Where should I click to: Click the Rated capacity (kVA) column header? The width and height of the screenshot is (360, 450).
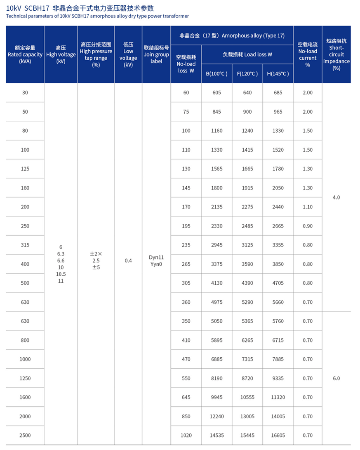25,54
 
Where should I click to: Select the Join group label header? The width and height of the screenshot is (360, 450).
156,54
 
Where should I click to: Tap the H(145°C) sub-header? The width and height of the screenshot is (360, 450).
278,74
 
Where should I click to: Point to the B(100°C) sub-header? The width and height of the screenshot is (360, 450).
216,74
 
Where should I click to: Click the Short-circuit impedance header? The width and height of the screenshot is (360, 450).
336,54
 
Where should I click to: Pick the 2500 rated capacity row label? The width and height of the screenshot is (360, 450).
25,435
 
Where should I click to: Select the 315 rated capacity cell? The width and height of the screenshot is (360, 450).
25,245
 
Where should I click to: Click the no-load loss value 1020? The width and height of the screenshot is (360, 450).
186,435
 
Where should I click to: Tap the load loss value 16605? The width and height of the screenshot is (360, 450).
278,435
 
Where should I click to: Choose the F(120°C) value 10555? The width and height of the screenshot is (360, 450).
247,397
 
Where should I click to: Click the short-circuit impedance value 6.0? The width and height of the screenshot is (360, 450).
336,378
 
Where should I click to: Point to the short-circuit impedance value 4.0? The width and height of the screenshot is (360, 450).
336,197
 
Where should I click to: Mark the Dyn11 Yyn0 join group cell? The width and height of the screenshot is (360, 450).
156,260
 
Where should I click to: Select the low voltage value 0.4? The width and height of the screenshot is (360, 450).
128,260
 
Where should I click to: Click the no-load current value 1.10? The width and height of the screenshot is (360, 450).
308,207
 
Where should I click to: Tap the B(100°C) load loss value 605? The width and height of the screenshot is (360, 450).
216,93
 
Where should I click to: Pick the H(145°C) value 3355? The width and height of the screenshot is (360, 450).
278,245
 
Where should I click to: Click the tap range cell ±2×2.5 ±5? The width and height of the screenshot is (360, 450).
96,260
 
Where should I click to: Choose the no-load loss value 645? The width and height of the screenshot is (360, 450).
186,397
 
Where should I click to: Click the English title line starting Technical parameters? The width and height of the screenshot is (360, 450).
97,16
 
